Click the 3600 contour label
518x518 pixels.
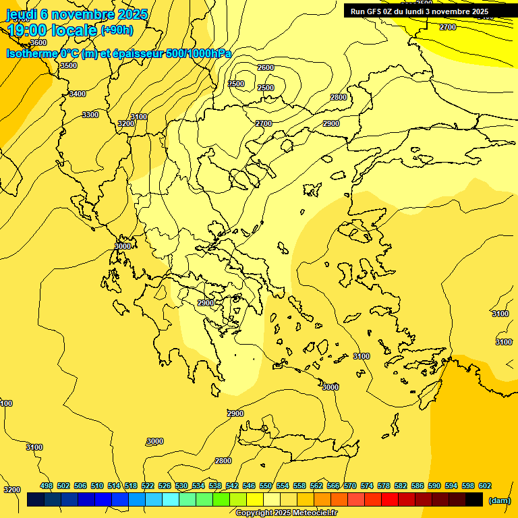[38, 42]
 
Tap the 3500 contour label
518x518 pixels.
[68, 65]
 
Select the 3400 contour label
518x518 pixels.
[78, 94]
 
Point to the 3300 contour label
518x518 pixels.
[90, 115]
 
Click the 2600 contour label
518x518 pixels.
[266, 67]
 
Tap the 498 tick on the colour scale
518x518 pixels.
[47, 486]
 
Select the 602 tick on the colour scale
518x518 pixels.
[484, 486]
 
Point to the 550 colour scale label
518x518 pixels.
[266, 486]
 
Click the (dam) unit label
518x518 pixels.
[499, 500]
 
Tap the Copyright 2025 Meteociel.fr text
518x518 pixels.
[291, 513]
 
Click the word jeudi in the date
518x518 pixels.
[21, 14]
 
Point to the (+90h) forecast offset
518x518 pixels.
[117, 30]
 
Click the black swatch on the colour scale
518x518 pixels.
[473, 500]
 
